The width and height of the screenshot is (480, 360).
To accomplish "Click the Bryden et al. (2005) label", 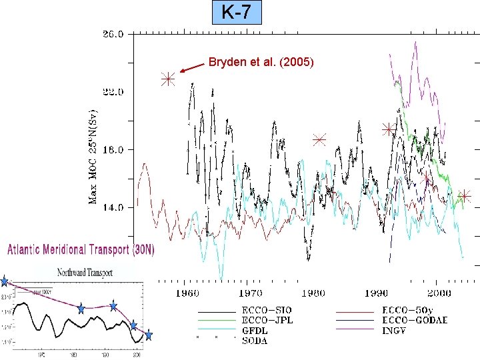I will [x=261, y=63].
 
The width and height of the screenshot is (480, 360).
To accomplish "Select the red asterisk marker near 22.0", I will [x=167, y=79].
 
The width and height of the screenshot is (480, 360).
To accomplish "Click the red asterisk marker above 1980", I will [x=319, y=140].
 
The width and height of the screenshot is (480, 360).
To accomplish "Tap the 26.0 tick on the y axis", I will [x=112, y=34].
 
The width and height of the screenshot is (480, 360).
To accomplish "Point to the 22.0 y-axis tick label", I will [x=112, y=92].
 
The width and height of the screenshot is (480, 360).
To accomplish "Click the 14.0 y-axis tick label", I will [x=112, y=207].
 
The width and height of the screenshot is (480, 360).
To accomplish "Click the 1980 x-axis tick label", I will [x=312, y=293].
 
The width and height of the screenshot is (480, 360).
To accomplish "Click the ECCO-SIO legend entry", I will [x=266, y=311].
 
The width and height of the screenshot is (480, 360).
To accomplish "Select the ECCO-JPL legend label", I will [x=266, y=320].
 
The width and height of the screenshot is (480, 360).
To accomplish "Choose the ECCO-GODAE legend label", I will [x=414, y=320].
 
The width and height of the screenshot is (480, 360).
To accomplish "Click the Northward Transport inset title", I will [x=85, y=272].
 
